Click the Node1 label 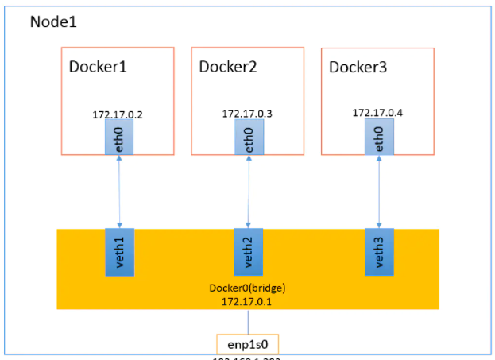[53, 21]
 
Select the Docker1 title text [98, 67]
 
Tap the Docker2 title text [228, 67]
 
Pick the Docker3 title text [358, 67]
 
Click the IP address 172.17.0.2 [118, 115]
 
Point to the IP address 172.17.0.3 [247, 114]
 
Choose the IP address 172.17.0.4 [377, 113]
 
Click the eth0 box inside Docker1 [119, 138]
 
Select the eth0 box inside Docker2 [249, 138]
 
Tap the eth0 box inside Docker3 [379, 138]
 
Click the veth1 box [119, 252]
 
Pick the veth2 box [249, 252]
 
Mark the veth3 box [379, 252]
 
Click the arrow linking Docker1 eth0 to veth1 [119, 192]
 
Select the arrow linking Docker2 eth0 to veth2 [249, 192]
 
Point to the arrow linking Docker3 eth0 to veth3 [379, 192]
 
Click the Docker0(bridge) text [248, 288]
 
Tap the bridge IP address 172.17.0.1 [248, 300]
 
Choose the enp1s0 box [248, 343]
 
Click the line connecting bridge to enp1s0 [248, 321]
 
